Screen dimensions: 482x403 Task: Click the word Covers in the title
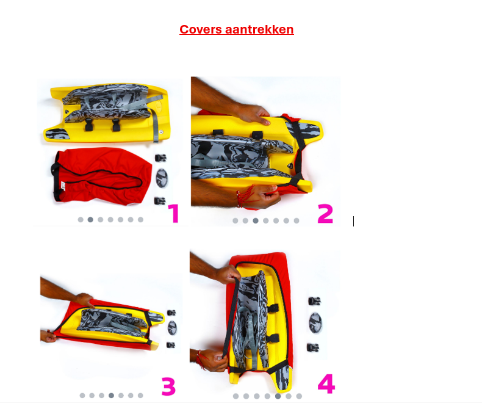(x=200, y=29)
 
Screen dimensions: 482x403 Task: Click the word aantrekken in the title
(x=259, y=29)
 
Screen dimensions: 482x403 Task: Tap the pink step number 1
(x=174, y=214)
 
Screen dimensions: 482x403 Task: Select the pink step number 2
(x=325, y=214)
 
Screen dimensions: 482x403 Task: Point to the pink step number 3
(x=168, y=387)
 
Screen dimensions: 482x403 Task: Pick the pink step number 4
(x=326, y=384)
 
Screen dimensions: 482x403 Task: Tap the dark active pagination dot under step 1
(x=90, y=220)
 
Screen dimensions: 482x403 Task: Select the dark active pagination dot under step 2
(x=256, y=220)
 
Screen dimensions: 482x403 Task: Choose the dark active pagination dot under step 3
(x=111, y=395)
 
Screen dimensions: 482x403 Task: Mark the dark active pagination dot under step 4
(x=278, y=396)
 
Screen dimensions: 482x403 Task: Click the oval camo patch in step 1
(x=162, y=178)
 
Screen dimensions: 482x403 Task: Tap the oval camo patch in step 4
(x=315, y=323)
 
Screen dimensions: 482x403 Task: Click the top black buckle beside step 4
(x=314, y=301)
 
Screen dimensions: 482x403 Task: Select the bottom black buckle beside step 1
(x=159, y=201)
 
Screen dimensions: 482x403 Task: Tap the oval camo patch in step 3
(x=172, y=328)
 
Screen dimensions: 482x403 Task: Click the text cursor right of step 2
(x=353, y=221)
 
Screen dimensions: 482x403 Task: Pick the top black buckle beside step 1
(x=160, y=158)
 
